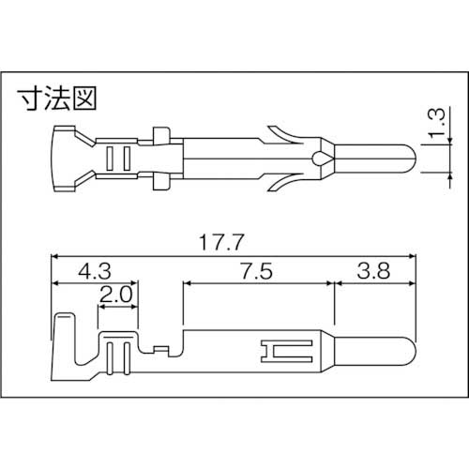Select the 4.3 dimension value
[96, 272]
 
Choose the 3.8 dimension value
[373, 272]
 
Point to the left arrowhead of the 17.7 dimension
[55, 254]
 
